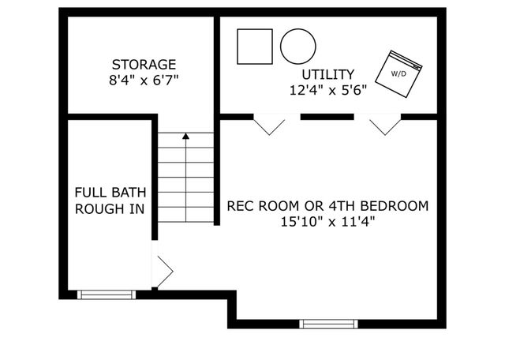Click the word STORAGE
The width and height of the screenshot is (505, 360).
(144, 64)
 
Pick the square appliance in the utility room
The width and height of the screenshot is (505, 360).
(255, 47)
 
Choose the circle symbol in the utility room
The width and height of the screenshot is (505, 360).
(298, 47)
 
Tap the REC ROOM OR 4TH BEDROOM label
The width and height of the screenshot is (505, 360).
(327, 206)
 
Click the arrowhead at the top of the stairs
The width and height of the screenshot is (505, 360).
(186, 136)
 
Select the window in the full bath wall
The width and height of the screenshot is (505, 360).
(107, 294)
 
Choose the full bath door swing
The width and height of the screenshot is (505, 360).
(163, 271)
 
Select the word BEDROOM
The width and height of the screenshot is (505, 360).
(397, 206)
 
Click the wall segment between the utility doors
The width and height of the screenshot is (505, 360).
(327, 117)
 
